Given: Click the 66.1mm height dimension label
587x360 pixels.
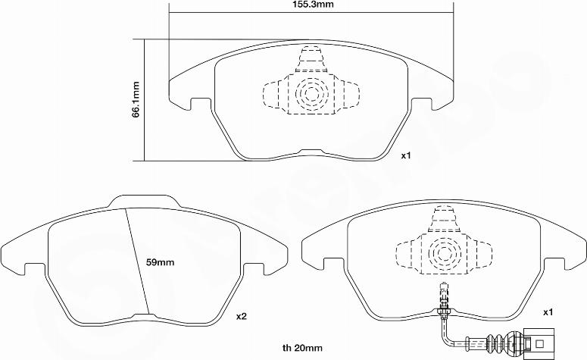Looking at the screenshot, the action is (136, 99).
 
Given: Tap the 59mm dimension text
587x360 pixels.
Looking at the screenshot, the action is (160, 262).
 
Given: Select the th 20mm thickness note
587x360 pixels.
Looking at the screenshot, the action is (302, 349).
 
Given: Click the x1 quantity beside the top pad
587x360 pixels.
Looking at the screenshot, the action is (406, 155).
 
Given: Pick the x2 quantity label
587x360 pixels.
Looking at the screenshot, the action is (242, 317).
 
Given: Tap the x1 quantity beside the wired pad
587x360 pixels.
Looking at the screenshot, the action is (548, 312).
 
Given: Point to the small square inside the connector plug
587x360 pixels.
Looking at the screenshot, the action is (540, 343).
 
